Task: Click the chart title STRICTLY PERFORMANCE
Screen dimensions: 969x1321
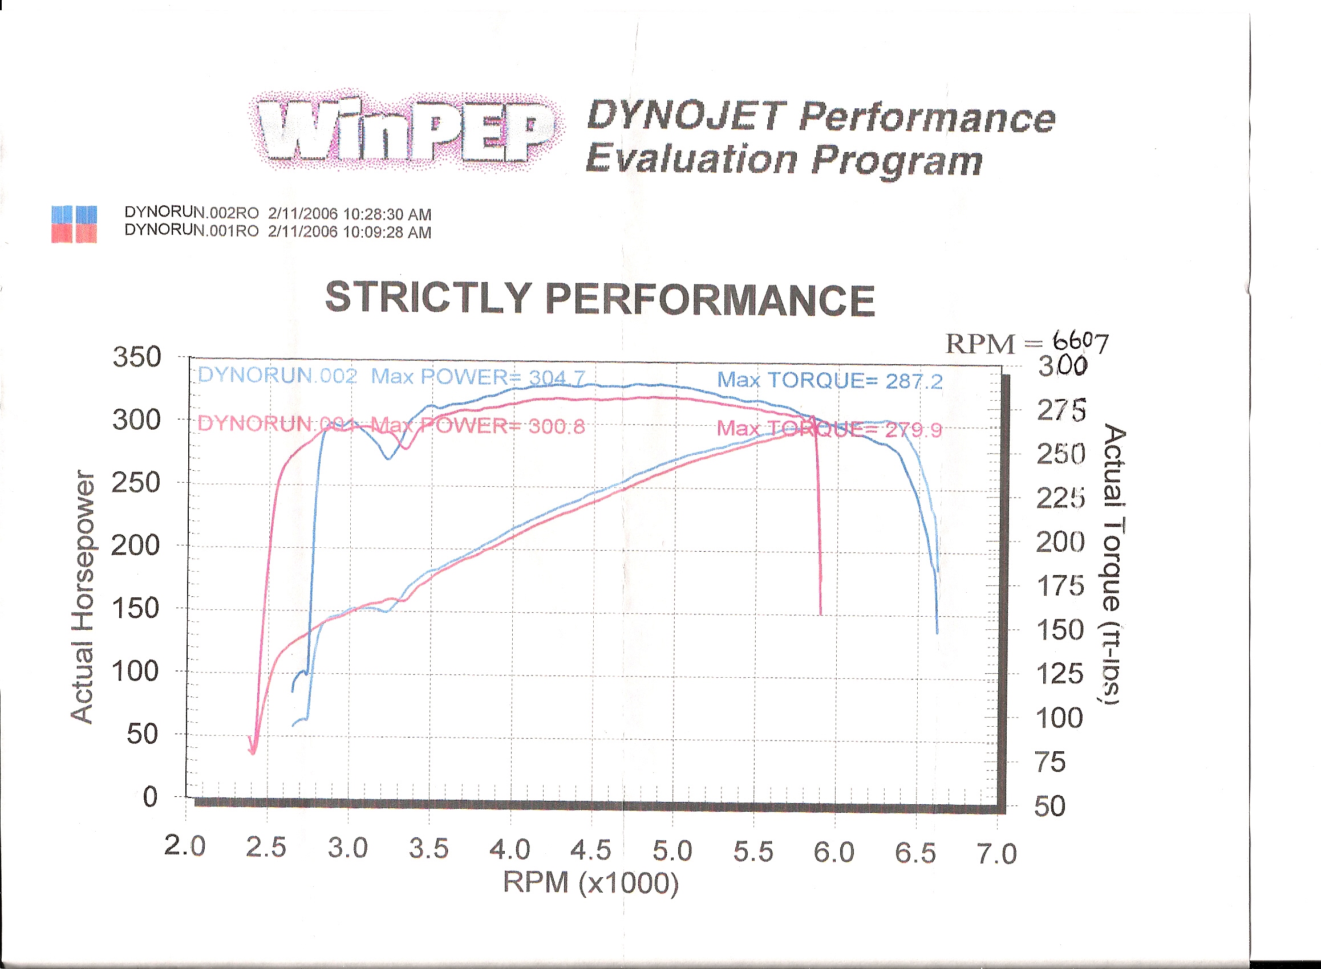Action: [x=600, y=299]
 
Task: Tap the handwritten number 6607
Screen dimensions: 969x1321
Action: [x=1080, y=341]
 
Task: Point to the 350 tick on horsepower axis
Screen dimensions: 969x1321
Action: [x=136, y=357]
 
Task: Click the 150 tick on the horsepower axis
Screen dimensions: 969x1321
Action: [x=136, y=608]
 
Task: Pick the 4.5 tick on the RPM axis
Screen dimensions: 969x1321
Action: [x=591, y=850]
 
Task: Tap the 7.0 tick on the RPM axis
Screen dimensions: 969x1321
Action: [x=996, y=853]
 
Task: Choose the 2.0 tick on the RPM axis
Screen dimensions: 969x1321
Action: [x=185, y=846]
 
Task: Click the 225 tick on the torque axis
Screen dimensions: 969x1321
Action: [x=1060, y=499]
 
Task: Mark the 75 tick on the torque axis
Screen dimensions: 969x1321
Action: [x=1051, y=762]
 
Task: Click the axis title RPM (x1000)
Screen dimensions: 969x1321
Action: [x=590, y=883]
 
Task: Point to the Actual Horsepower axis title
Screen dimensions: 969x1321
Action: [x=82, y=597]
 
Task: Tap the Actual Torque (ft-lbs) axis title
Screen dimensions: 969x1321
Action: [x=1113, y=564]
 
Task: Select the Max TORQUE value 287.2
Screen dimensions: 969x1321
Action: [x=914, y=382]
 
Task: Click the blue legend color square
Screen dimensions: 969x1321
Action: [x=74, y=214]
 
